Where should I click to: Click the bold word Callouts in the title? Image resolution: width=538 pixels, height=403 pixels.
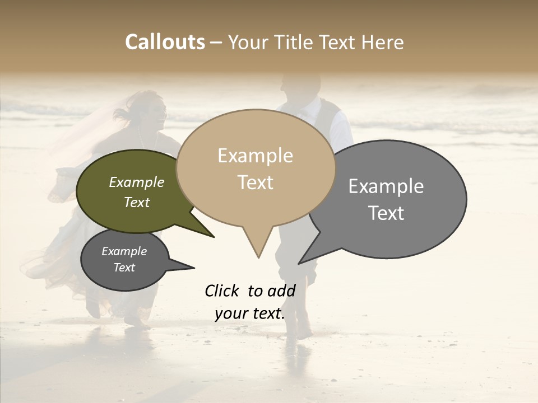coord(165,42)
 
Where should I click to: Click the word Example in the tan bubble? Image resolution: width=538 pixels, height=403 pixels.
coord(255,156)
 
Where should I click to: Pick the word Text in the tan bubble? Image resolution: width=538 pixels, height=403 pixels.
coord(255,182)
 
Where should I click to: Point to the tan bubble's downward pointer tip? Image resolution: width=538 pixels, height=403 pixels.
coord(258,256)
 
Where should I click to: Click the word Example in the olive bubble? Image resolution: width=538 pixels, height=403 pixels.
coord(137,182)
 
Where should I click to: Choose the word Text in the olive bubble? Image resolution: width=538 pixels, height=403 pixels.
coord(137,203)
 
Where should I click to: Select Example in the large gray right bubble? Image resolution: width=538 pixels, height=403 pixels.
coord(386,186)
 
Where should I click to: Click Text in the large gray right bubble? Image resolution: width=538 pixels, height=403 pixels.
coord(386,213)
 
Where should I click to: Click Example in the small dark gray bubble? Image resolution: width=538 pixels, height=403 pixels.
coord(124,251)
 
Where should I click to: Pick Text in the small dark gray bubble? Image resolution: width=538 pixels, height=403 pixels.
coord(124,268)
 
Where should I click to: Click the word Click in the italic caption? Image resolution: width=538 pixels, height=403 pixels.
coord(222,290)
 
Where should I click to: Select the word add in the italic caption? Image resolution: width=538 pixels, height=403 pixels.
coord(281,290)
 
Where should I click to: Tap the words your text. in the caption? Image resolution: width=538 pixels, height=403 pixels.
coord(250,313)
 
